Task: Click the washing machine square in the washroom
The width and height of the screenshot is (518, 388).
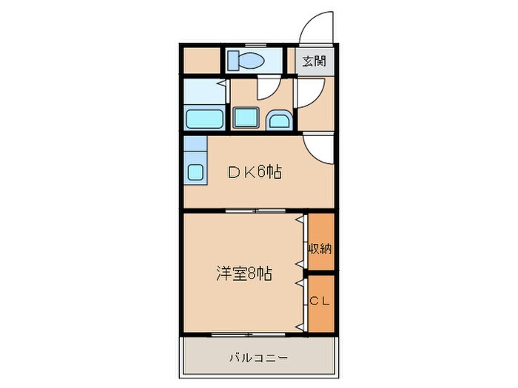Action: (245, 118)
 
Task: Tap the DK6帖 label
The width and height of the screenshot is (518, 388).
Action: (255, 172)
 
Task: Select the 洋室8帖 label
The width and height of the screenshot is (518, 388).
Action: (243, 273)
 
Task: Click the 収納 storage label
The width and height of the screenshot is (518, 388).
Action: (320, 249)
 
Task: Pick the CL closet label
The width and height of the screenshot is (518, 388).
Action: (320, 301)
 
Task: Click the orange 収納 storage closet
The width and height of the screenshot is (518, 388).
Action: (321, 241)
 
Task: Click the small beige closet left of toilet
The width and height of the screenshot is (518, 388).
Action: (201, 60)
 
